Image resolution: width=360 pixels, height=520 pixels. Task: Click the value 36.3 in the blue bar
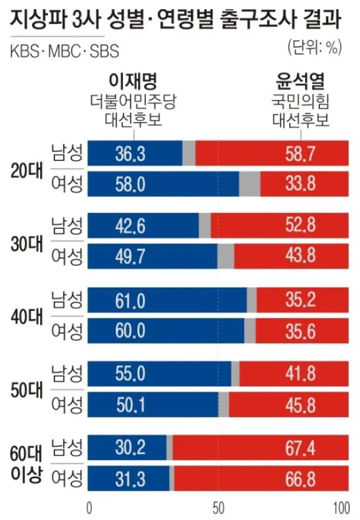click(x=130, y=154)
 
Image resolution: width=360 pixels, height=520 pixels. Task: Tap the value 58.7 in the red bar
click(x=300, y=154)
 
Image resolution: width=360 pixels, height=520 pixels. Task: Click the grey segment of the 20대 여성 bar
click(x=250, y=184)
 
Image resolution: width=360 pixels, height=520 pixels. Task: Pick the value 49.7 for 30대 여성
click(x=130, y=256)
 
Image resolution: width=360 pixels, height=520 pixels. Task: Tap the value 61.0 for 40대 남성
click(x=130, y=300)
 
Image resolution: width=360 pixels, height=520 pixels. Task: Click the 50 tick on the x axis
click(x=219, y=509)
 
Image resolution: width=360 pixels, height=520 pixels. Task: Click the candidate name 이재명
click(x=133, y=82)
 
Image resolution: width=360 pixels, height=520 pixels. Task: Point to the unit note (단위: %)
click(x=314, y=47)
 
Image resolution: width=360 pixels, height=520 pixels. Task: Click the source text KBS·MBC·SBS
click(x=65, y=52)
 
